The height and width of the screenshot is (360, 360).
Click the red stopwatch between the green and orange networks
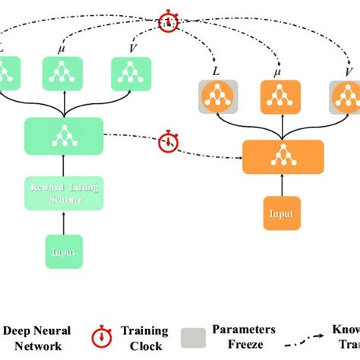[x=167, y=141]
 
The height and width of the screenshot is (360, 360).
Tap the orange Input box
[x=282, y=213]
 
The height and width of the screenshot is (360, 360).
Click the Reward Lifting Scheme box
[x=64, y=193]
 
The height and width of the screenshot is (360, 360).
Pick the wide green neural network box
[x=64, y=135]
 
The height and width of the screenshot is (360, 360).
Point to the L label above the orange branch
[x=216, y=70]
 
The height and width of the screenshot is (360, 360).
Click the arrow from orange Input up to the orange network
[x=282, y=185]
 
